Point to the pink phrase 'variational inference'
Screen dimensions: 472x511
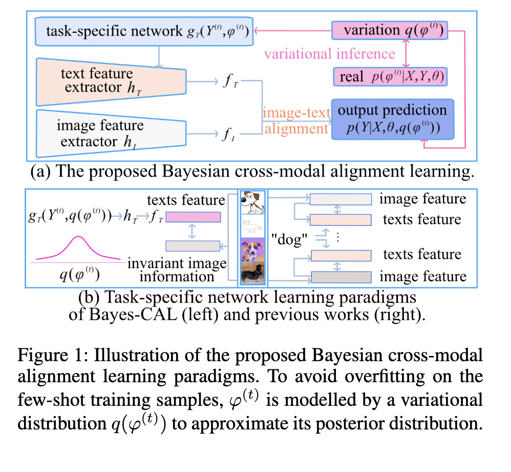click(329, 53)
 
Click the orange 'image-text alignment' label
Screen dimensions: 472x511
click(295, 122)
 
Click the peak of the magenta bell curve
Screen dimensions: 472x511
click(78, 236)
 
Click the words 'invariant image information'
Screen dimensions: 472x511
click(177, 270)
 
